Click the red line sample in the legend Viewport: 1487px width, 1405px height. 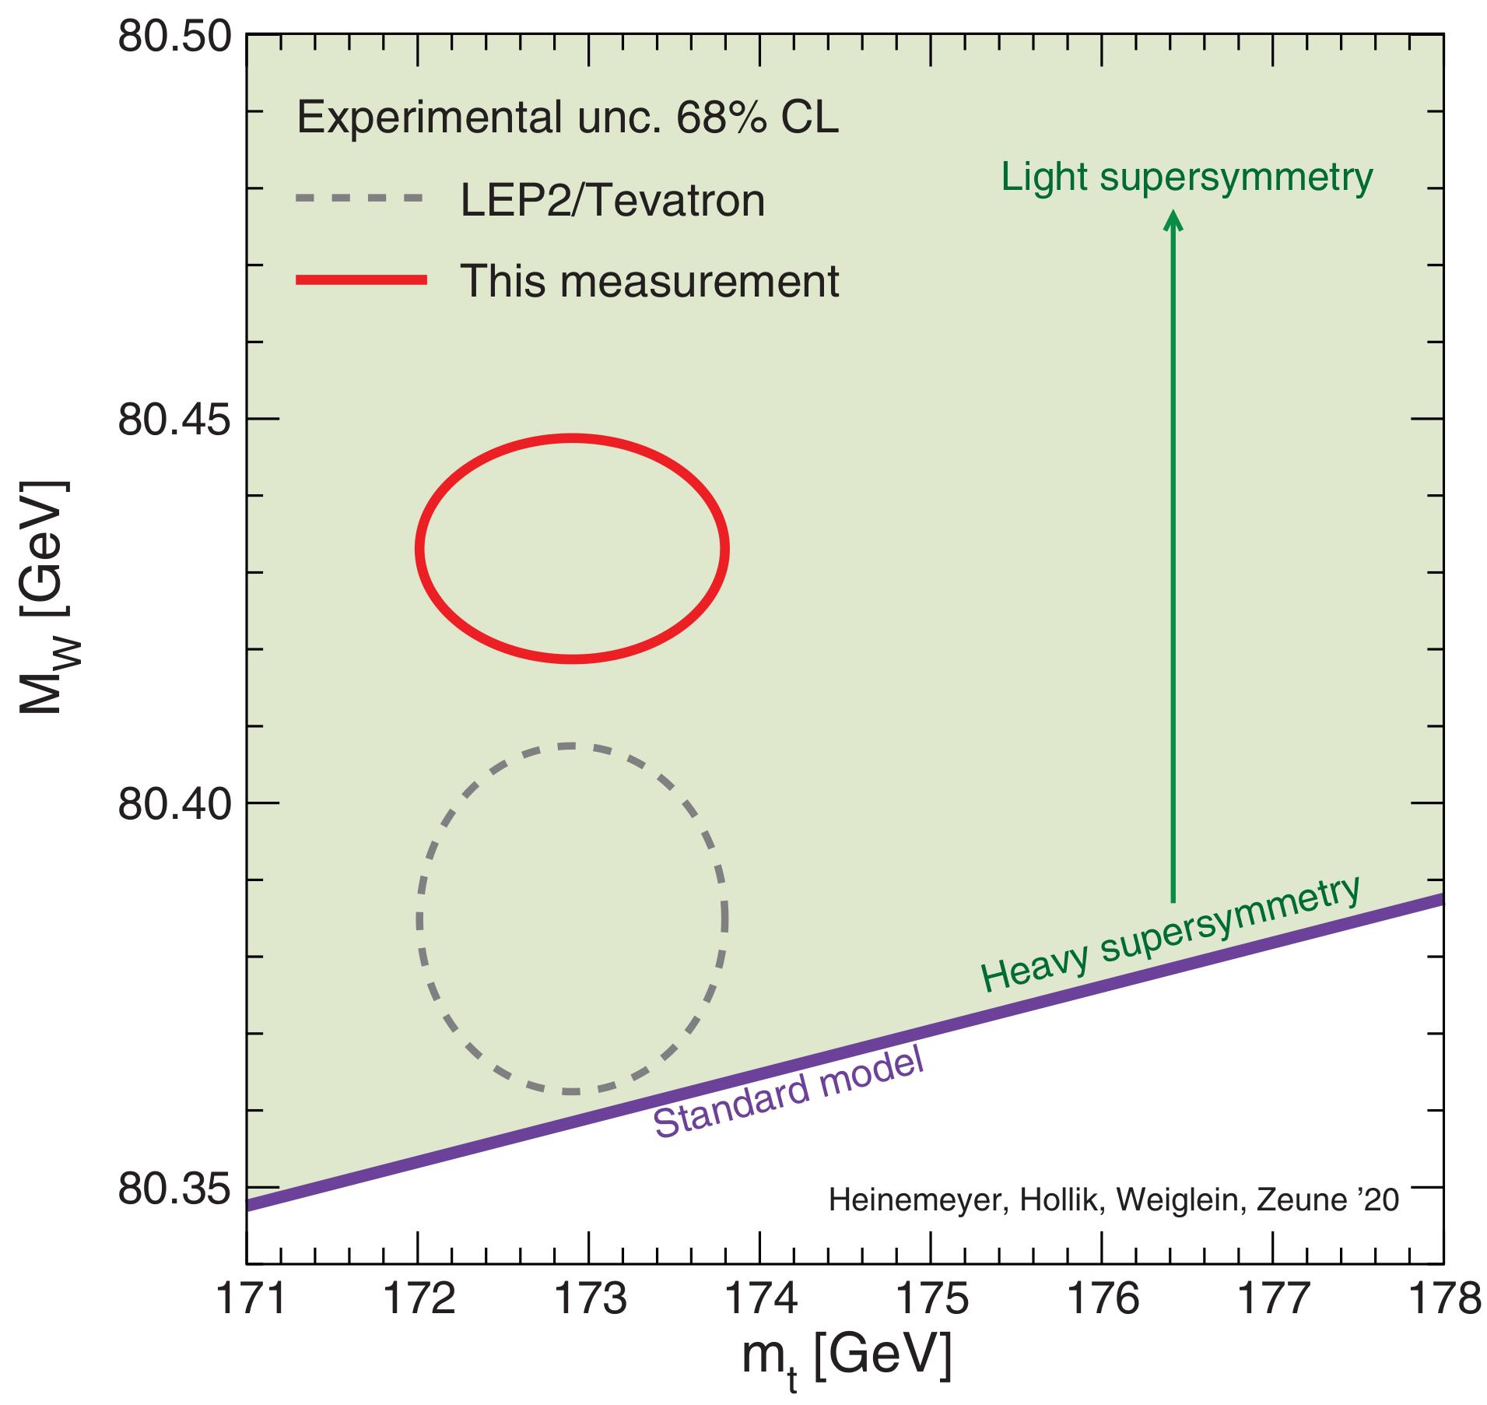361,281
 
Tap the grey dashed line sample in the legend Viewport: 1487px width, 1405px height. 359,198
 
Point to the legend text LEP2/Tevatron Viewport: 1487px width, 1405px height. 612,200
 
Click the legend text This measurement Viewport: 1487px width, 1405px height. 650,281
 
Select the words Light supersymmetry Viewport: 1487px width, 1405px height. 1187,178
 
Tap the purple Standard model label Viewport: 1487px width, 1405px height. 787,1094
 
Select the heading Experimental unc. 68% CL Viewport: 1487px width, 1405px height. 567,118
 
